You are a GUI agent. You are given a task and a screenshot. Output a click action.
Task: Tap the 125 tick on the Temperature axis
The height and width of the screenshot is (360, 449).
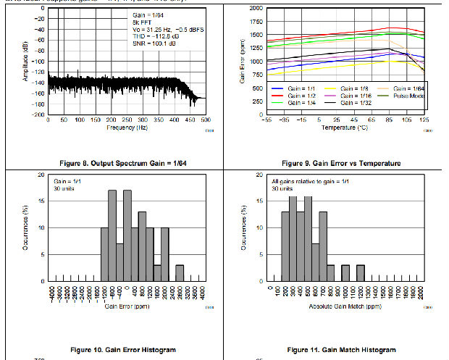coord(424,120)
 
